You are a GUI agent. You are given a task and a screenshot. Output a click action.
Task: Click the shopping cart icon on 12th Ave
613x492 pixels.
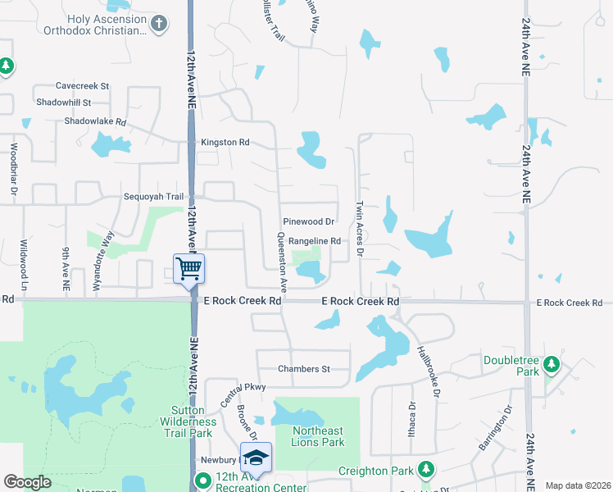click(x=189, y=267)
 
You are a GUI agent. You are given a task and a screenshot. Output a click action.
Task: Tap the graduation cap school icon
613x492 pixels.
click(x=256, y=457)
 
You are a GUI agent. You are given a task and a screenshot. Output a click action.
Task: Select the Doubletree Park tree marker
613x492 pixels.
click(x=552, y=362)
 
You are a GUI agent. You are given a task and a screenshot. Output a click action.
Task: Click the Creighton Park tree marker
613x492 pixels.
click(x=425, y=469)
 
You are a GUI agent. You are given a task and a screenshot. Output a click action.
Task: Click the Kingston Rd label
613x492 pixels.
click(x=225, y=143)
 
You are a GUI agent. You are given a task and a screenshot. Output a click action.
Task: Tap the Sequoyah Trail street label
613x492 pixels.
click(x=153, y=197)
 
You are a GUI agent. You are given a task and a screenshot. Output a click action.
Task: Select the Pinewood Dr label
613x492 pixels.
click(x=308, y=221)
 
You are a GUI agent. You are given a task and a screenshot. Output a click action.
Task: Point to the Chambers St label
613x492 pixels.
click(x=303, y=369)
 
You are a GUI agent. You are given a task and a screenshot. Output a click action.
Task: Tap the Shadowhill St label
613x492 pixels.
click(x=64, y=102)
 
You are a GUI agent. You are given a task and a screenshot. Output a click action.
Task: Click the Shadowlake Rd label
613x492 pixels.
click(x=97, y=121)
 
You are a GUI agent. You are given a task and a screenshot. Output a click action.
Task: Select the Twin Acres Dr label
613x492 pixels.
click(x=359, y=227)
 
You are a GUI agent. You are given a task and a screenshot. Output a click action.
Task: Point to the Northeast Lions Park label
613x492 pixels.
click(x=318, y=437)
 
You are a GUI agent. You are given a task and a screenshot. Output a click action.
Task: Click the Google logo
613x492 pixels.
click(x=28, y=482)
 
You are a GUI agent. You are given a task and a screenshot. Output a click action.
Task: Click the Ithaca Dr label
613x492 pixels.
click(x=412, y=421)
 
